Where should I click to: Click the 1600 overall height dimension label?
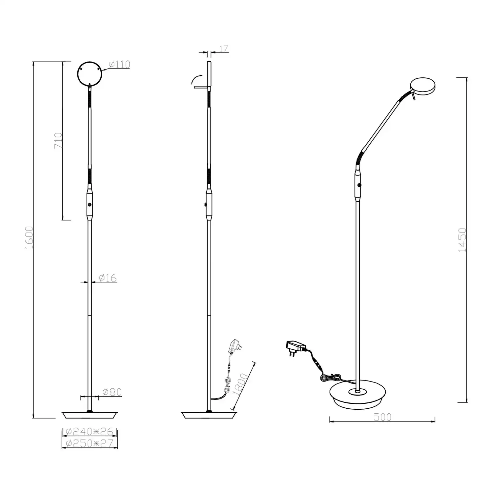29,237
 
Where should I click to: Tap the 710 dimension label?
58,140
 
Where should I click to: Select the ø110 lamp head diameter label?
119,64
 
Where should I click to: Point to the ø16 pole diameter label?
108,278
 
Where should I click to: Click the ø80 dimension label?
112,392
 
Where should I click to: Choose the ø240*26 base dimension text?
90,432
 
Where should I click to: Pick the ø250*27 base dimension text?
90,443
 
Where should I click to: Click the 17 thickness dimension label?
223,49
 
